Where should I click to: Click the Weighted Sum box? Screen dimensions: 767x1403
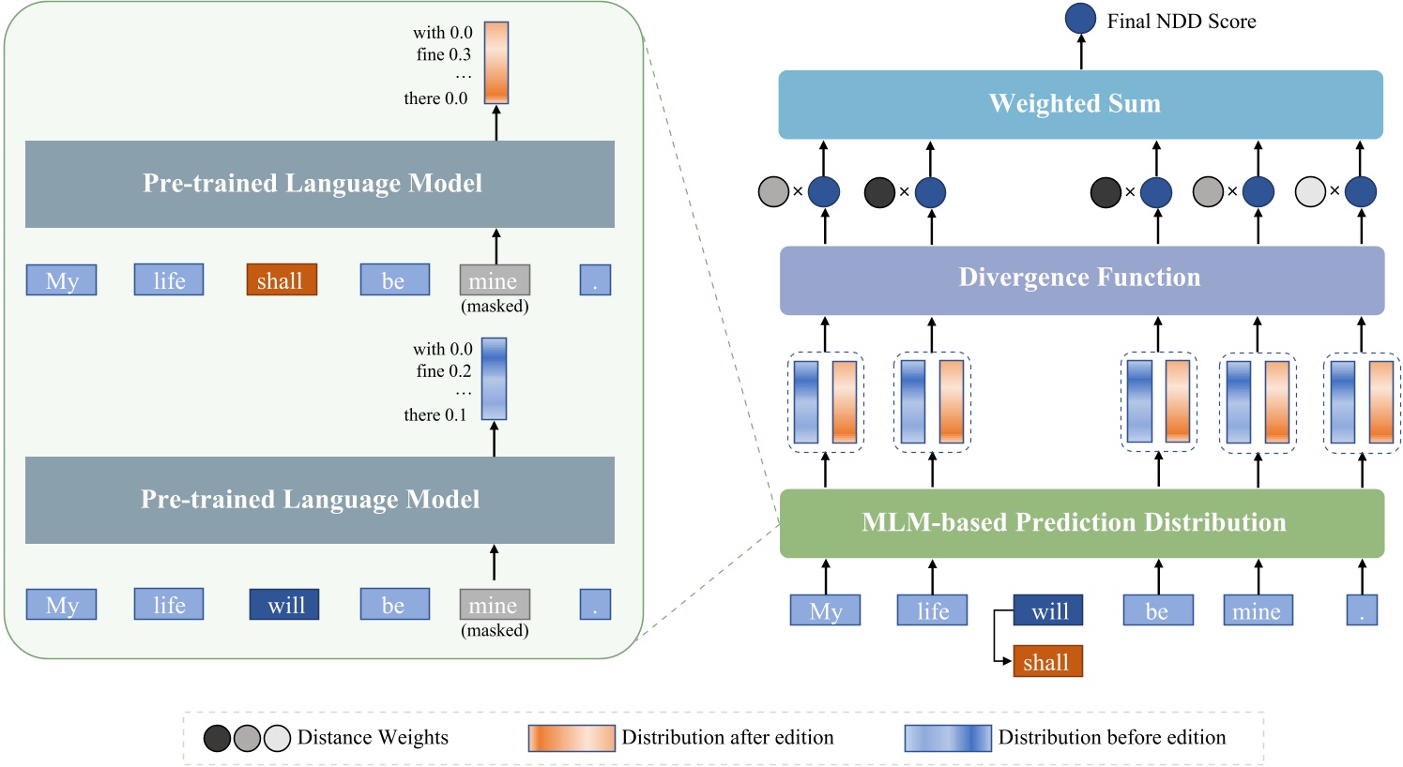[1080, 104]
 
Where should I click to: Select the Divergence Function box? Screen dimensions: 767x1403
[1081, 279]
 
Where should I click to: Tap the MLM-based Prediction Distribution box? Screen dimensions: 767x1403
[1081, 523]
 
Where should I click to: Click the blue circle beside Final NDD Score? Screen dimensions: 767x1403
[1080, 20]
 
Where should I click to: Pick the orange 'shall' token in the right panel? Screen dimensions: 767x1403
[1047, 661]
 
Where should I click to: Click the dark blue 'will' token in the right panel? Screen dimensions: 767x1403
[1048, 610]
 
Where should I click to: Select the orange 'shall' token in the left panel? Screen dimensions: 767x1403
[282, 279]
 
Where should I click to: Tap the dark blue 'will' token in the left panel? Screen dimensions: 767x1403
[284, 605]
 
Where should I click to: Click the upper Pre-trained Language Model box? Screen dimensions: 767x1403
[319, 184]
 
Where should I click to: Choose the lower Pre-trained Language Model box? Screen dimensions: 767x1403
[319, 500]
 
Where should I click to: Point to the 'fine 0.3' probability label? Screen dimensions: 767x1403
[443, 54]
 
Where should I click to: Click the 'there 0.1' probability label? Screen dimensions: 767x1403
[435, 414]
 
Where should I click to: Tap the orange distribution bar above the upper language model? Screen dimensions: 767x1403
[496, 62]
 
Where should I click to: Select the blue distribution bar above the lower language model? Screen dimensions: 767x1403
[494, 378]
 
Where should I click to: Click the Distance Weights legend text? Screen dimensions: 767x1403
[373, 738]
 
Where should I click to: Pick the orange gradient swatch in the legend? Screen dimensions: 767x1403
[572, 738]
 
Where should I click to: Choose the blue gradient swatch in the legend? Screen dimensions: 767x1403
[947, 738]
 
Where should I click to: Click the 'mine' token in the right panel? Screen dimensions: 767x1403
[1258, 610]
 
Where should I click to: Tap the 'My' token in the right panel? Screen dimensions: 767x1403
[825, 610]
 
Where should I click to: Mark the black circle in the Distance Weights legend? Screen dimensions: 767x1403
[217, 739]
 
